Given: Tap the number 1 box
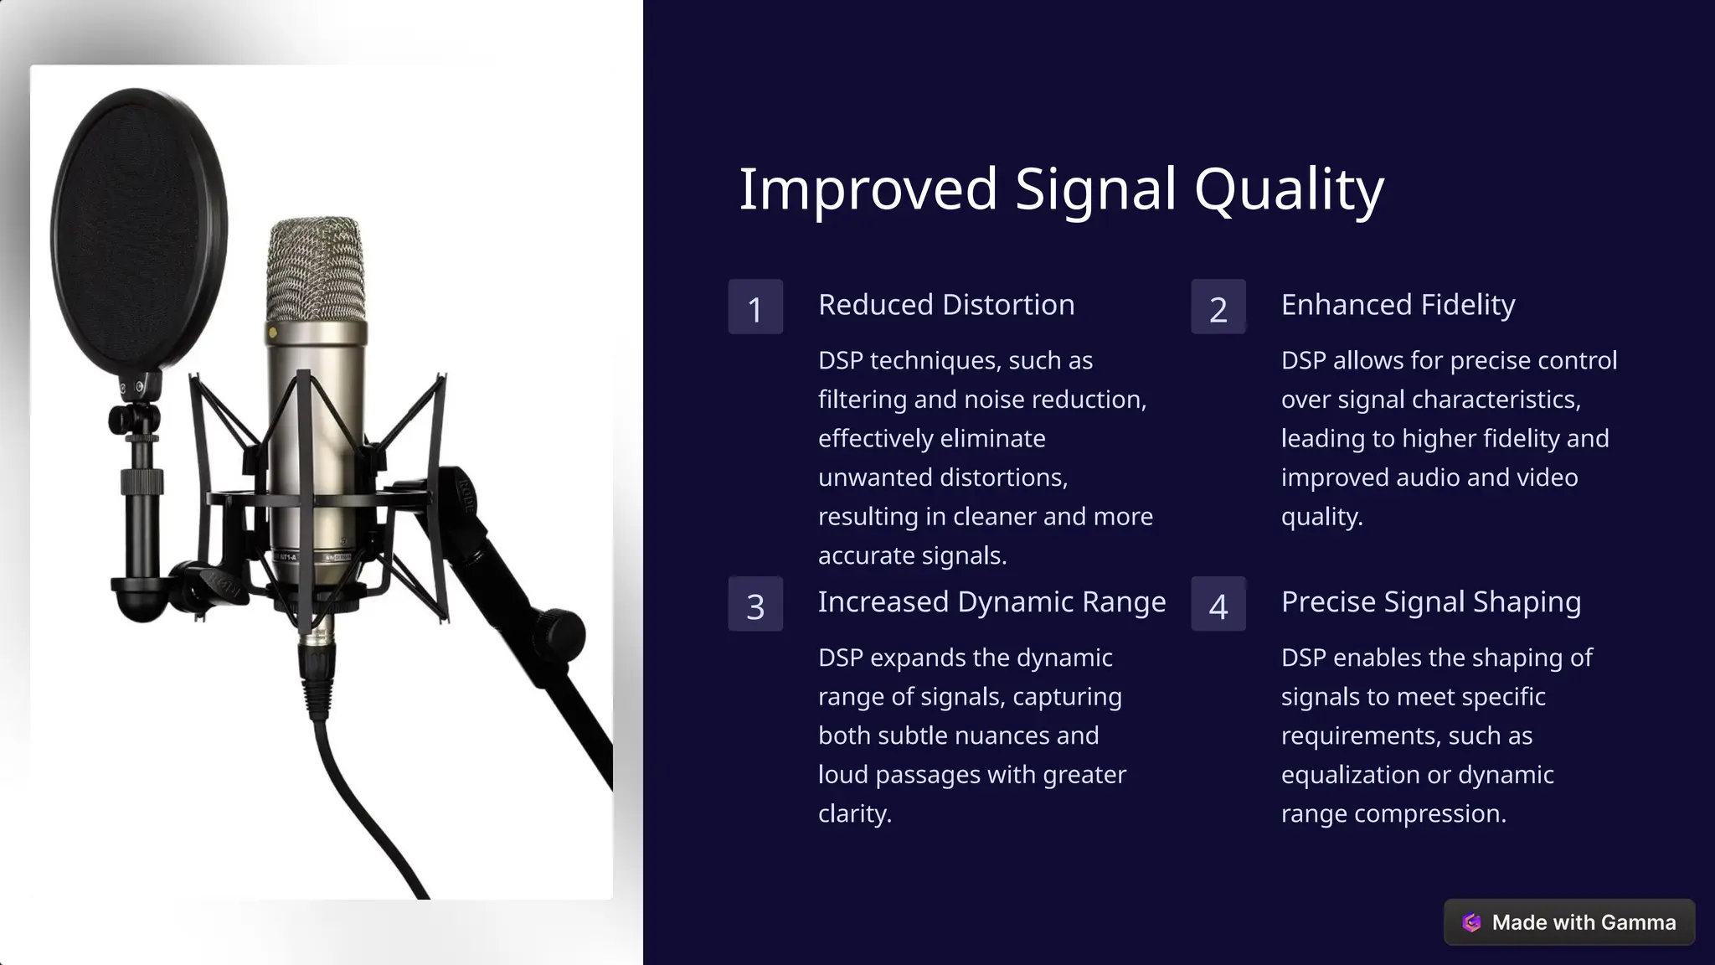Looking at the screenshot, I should tap(755, 307).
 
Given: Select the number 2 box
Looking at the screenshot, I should tap(1218, 307).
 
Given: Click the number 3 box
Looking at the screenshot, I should tap(755, 604).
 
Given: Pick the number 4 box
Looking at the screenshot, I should tap(1218, 604).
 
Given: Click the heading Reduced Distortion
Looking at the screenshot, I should tap(946, 305).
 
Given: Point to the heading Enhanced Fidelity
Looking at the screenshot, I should tap(1398, 305).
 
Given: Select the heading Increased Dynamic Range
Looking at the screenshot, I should tap(991, 602).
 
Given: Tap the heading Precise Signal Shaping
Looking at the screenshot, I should tap(1430, 602).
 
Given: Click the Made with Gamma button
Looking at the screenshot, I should tap(1568, 922).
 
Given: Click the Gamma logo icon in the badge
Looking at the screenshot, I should tap(1471, 922).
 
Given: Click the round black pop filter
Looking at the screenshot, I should tap(139, 230).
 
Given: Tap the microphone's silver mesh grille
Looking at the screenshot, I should tap(316, 268).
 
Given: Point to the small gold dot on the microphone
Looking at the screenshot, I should tap(272, 333).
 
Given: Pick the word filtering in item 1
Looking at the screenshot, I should tap(862, 400).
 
